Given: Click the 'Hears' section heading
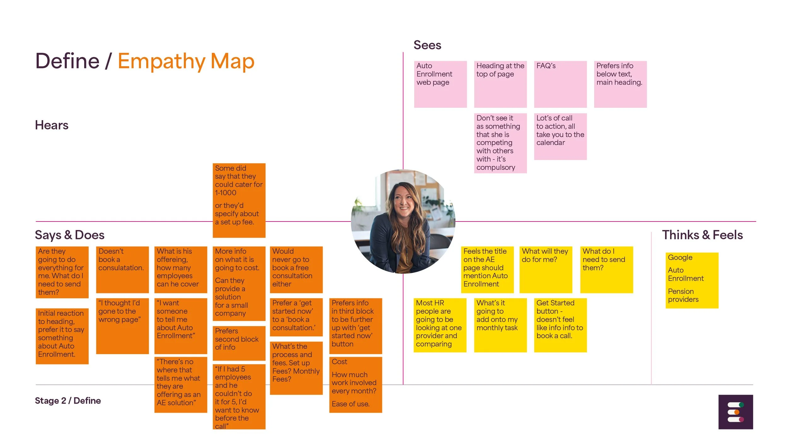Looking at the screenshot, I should click(x=52, y=125).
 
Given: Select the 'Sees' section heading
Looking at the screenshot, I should click(x=427, y=45).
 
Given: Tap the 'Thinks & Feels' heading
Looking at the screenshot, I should click(x=702, y=235).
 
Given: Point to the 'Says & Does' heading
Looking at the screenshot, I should click(x=70, y=235).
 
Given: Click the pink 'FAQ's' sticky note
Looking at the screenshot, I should click(x=560, y=84).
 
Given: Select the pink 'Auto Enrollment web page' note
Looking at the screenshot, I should click(x=440, y=84).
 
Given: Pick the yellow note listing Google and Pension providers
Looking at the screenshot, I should click(x=692, y=280).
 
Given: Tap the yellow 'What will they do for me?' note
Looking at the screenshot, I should click(x=545, y=269).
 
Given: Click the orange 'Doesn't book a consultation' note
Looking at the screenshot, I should click(x=122, y=269).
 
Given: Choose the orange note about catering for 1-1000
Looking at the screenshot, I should click(x=239, y=200).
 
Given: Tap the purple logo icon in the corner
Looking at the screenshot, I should click(x=735, y=412).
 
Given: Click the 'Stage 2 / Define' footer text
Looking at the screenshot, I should click(x=68, y=400).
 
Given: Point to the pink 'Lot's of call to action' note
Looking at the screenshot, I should click(x=560, y=136).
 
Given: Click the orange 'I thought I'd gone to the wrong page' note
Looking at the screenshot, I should click(x=122, y=326).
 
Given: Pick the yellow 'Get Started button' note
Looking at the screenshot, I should click(x=560, y=325).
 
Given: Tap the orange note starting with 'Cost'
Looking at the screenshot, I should click(x=355, y=384).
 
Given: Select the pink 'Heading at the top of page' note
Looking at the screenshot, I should click(x=500, y=84).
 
